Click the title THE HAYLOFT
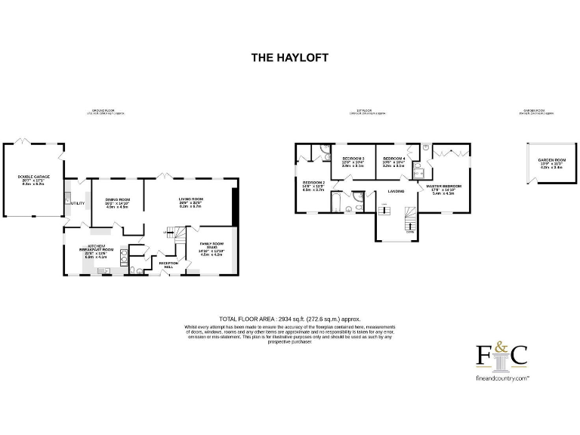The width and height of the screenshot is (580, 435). tap(289, 57)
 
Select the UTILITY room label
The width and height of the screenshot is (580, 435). tap(77, 203)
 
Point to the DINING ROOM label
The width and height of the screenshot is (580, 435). tap(118, 199)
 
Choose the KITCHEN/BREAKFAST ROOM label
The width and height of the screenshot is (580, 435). tap(100, 248)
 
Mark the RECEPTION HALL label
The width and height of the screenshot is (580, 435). tap(168, 264)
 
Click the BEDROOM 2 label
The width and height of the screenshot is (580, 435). tap(313, 183)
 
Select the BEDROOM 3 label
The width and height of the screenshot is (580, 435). tap(353, 159)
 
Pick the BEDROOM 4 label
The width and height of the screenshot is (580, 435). tap(393, 159)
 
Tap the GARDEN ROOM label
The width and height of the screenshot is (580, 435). tap(551, 160)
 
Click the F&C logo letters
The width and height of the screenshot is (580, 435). tap(501, 356)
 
